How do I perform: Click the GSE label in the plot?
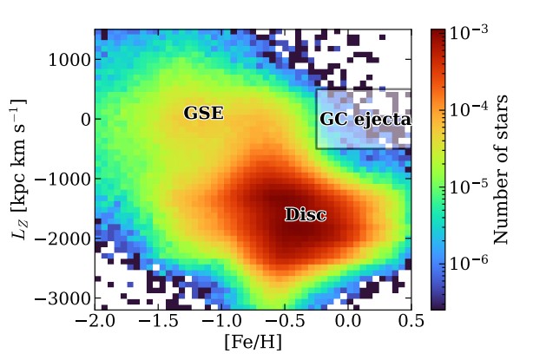pyautogui.click(x=204, y=114)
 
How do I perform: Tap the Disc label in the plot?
pyautogui.click(x=306, y=215)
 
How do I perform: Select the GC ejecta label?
pyautogui.click(x=365, y=120)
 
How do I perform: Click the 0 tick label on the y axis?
pyautogui.click(x=83, y=120)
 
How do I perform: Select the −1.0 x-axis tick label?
pyautogui.click(x=220, y=322)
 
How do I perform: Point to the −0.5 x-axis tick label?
pyautogui.click(x=284, y=322)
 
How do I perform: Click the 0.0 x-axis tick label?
pyautogui.click(x=349, y=322)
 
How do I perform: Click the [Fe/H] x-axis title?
pyautogui.click(x=253, y=344)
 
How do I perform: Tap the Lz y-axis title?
pyautogui.click(x=19, y=169)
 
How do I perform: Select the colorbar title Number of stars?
pyautogui.click(x=502, y=169)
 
